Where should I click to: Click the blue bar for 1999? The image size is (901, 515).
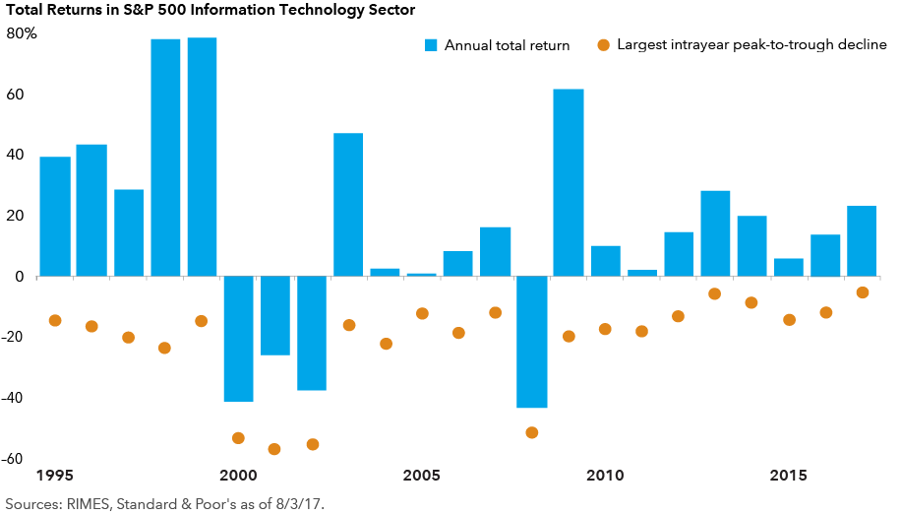pos(202,158)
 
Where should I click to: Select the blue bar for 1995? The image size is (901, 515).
pos(55,217)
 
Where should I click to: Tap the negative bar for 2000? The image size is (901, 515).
pos(238,339)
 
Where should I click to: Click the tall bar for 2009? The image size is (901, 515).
pos(569,183)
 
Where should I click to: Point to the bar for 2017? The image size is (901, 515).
pos(862,241)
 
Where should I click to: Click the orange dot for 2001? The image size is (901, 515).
pos(274,449)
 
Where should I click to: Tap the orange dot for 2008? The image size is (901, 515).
pos(532,432)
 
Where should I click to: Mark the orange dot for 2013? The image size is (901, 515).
pos(715,293)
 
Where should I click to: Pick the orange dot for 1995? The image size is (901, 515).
pos(55,320)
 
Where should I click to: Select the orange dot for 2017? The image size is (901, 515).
pos(862,292)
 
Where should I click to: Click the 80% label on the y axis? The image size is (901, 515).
pos(21,33)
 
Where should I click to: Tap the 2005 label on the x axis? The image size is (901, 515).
pos(421,477)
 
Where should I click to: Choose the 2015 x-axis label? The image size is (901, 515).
pos(789,477)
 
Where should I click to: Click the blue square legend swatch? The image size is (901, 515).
pos(430,45)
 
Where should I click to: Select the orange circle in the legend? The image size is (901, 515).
pos(603,45)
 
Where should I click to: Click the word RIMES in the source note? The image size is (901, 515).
pos(87,503)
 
